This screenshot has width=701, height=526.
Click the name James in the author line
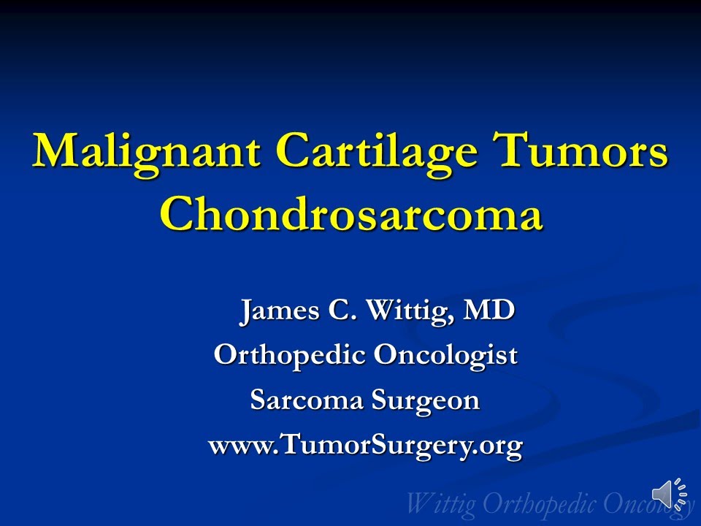pos(280,310)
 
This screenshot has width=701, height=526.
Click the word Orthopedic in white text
pos(290,356)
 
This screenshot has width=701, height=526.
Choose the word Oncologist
pos(445,356)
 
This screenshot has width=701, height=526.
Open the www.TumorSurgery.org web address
pos(365,444)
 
